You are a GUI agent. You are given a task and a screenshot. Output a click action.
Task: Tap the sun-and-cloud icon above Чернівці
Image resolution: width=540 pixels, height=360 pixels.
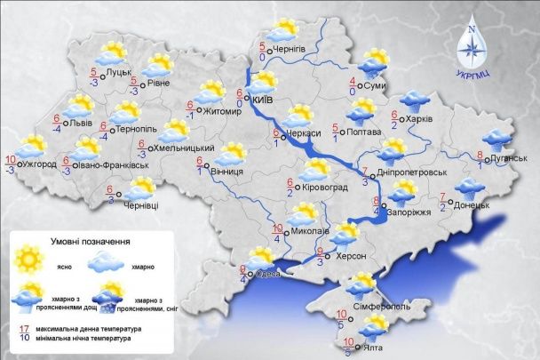140,188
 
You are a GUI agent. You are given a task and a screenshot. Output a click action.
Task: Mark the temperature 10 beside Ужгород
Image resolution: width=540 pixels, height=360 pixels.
10,160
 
